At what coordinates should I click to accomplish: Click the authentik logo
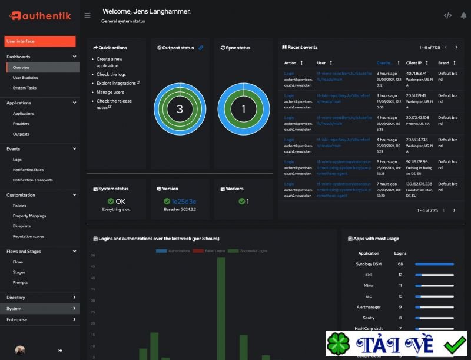point(40,16)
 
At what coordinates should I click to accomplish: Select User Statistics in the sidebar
point(25,78)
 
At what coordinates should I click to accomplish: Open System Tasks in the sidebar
point(25,88)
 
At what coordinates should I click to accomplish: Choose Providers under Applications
point(21,124)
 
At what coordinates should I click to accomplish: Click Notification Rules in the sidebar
point(28,170)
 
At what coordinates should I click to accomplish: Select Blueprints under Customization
point(22,226)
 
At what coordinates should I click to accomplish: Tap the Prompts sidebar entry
point(20,282)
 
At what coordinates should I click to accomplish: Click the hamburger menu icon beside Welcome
point(87,15)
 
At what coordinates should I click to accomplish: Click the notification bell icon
point(463,15)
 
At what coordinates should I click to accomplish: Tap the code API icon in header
point(447,15)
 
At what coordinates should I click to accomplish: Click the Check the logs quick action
point(111,75)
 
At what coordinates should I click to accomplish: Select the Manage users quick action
point(110,92)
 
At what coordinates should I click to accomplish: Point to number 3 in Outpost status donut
point(180,109)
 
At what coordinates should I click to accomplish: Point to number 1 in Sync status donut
point(244,109)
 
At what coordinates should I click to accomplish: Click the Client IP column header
point(414,63)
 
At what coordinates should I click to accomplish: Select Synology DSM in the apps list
point(369,264)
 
